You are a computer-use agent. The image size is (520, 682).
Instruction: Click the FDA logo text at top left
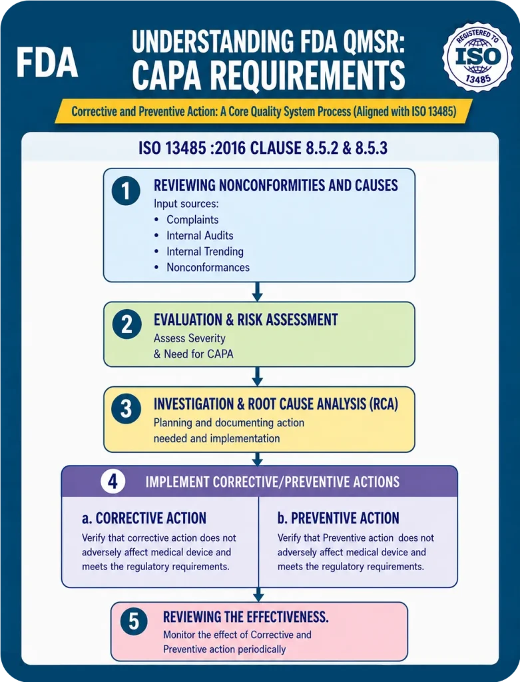tap(47, 63)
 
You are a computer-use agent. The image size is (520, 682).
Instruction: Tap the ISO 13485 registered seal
tap(477, 57)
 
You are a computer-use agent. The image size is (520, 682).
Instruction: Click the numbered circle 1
tap(126, 191)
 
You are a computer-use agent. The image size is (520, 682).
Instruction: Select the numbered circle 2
tap(127, 324)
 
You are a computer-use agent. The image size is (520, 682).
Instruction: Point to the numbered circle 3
tap(126, 409)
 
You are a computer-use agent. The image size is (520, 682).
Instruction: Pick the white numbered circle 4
tap(113, 482)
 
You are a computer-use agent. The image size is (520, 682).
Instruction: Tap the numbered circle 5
tap(134, 621)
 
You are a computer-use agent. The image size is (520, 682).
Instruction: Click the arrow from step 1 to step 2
tap(258, 292)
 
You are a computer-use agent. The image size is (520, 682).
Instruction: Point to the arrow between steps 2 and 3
tap(258, 377)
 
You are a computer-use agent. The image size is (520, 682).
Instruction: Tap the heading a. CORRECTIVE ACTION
tap(144, 518)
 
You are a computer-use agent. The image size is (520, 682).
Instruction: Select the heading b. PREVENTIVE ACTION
tap(338, 518)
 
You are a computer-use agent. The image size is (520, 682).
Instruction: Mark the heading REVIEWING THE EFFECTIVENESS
tap(246, 617)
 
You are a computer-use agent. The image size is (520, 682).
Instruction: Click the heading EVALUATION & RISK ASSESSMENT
tap(246, 320)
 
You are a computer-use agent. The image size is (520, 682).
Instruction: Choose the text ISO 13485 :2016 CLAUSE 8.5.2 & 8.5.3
tap(263, 149)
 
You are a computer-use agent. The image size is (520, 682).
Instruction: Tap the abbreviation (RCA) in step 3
tap(384, 404)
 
